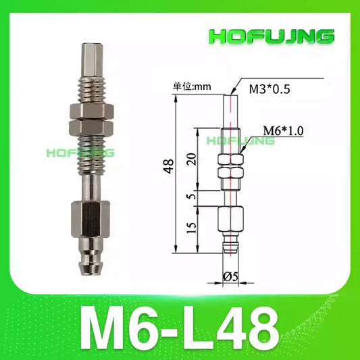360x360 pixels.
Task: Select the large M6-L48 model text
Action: (180, 326)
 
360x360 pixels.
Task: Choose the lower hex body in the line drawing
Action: (230, 220)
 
